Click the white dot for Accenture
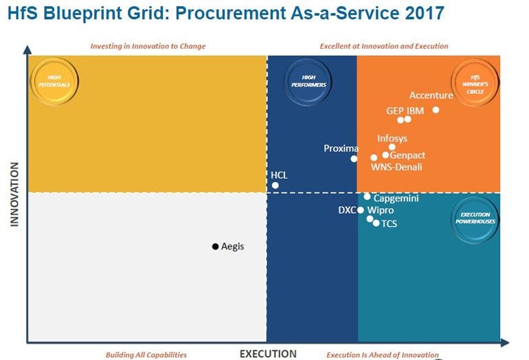coord(436,110)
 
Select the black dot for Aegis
coord(215,246)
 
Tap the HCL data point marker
coord(275,185)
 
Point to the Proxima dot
coord(354,159)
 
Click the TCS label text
coord(390,224)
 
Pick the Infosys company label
coord(392,139)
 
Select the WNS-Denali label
coord(396,167)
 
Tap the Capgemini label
coord(396,199)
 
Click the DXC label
coord(347,210)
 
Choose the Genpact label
coord(407,155)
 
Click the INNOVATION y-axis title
coord(14,194)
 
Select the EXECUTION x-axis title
coord(268,354)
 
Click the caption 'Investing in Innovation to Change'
coord(148,47)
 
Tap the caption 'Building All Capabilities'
coord(146,355)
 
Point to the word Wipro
coord(381,210)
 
